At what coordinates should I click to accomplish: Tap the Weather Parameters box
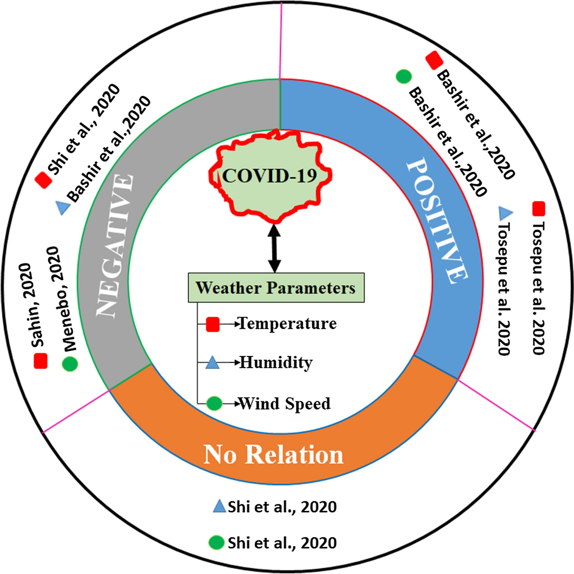coord(276,287)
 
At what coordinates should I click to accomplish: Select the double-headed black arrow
coord(274,248)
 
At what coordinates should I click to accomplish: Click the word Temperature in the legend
coord(288,323)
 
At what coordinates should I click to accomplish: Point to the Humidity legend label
coord(276,362)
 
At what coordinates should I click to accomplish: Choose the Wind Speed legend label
coord(285,404)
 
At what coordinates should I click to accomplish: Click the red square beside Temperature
coord(213,324)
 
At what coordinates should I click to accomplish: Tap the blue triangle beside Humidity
coord(212,362)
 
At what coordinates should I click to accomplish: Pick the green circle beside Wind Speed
coord(214,403)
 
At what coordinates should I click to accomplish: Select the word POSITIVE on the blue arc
coord(435,221)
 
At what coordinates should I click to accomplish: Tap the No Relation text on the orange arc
coord(273,455)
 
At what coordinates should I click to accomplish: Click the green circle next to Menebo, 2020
coord(70,364)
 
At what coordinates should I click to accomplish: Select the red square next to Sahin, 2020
coord(40,361)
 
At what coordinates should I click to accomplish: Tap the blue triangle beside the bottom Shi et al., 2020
coord(219,506)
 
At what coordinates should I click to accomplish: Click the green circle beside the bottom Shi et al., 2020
coord(216,542)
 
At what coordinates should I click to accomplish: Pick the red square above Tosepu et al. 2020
coord(538,209)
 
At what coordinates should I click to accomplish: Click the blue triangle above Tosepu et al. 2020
coord(506,212)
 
